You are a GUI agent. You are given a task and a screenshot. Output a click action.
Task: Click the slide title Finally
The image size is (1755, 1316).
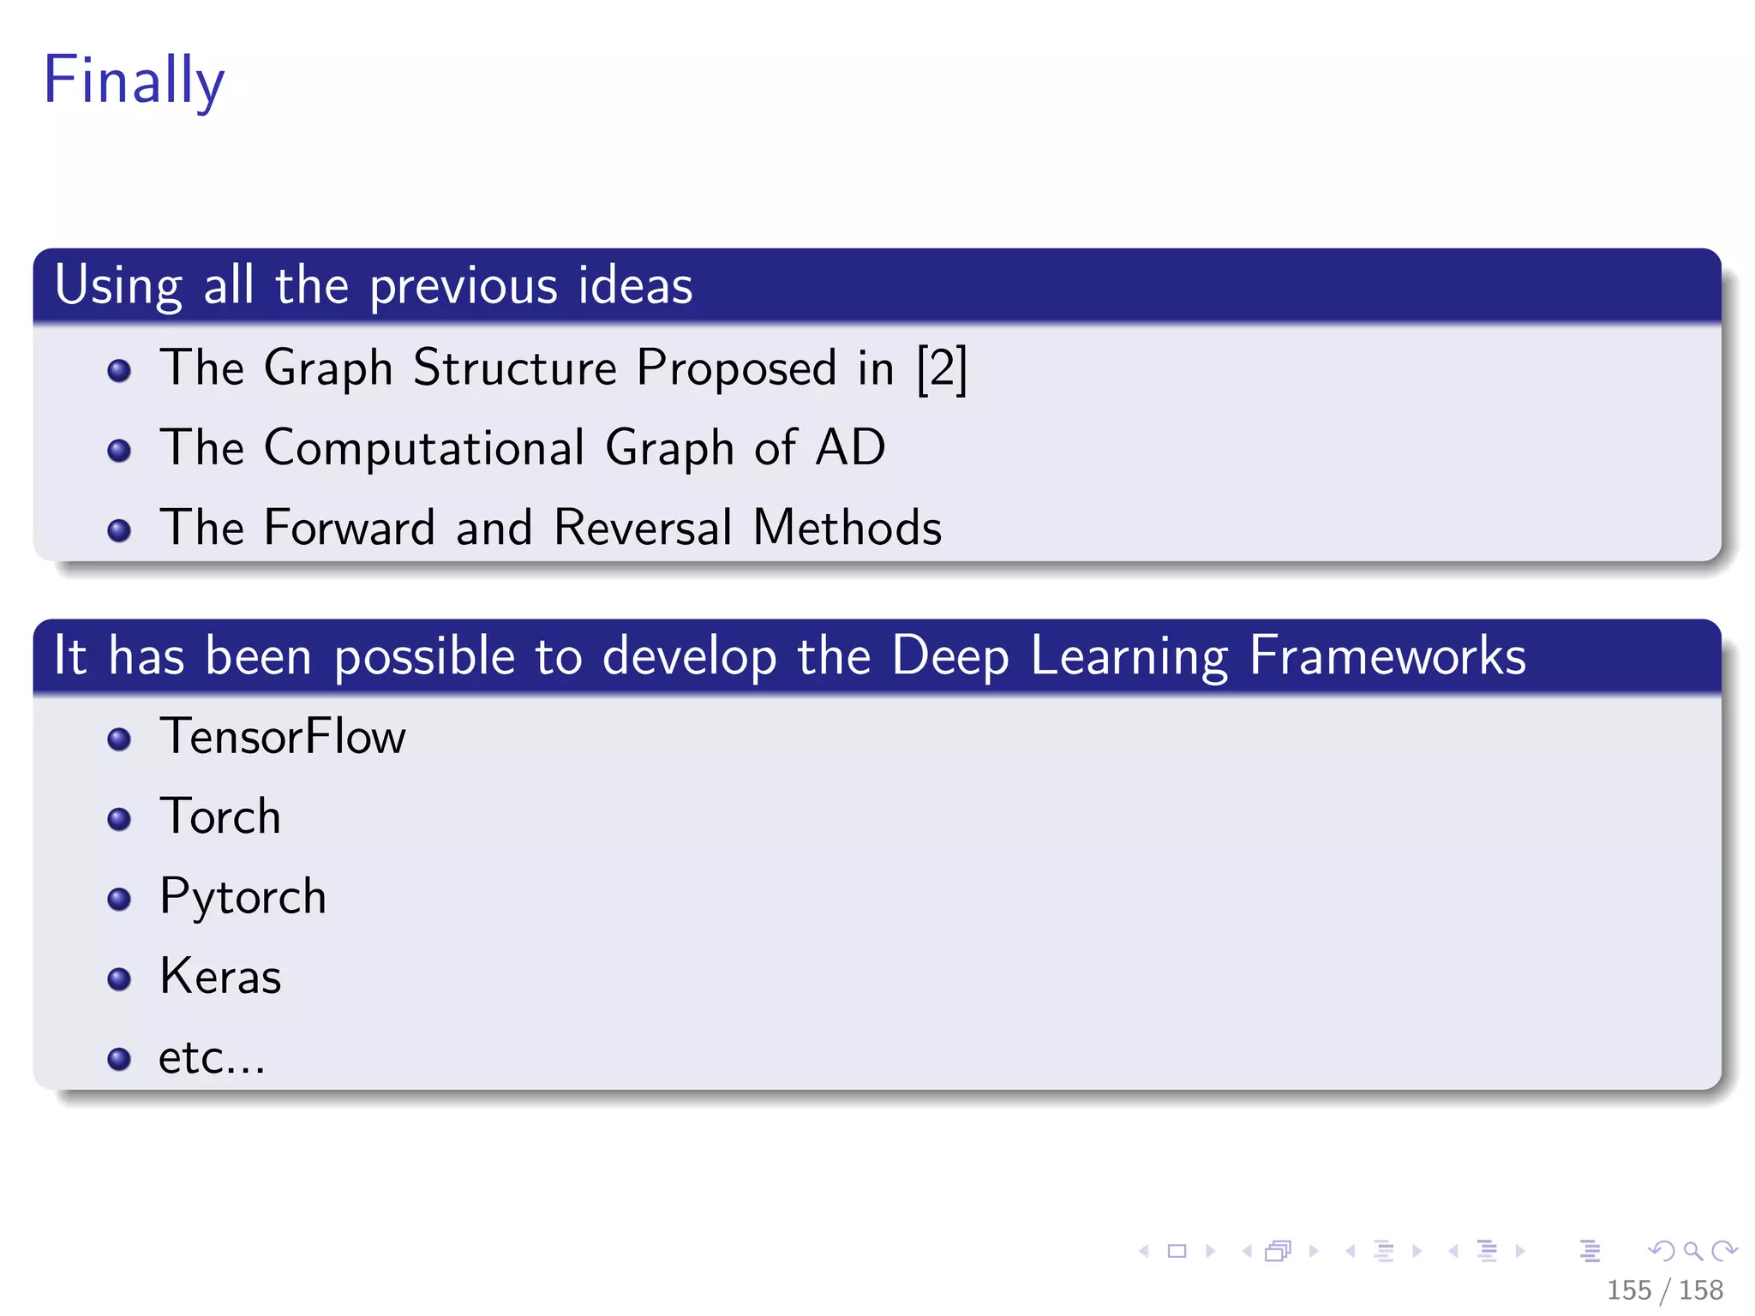pyautogui.click(x=134, y=80)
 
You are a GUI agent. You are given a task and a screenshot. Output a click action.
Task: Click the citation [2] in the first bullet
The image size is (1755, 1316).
pyautogui.click(x=941, y=369)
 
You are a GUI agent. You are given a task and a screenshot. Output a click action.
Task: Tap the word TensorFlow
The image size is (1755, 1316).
pyautogui.click(x=283, y=737)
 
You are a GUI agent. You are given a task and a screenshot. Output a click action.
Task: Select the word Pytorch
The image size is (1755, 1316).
pyautogui.click(x=243, y=897)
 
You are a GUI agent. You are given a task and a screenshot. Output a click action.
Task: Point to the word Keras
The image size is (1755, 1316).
pyautogui.click(x=220, y=977)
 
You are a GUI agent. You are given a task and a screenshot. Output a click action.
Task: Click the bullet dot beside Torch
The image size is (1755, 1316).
pyautogui.click(x=119, y=819)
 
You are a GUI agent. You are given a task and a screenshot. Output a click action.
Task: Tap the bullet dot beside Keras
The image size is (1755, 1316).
pyautogui.click(x=119, y=978)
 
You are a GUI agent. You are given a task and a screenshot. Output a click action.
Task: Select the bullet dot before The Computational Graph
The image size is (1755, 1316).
pyautogui.click(x=119, y=451)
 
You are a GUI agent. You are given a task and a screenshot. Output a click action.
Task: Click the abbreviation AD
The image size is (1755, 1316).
pyautogui.click(x=850, y=447)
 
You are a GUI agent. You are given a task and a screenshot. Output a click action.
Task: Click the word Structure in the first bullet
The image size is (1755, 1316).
pyautogui.click(x=514, y=368)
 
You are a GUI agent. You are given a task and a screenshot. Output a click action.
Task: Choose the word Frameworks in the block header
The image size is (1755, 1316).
pyautogui.click(x=1387, y=656)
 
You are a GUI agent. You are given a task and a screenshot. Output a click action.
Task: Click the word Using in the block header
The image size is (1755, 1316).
pyautogui.click(x=118, y=286)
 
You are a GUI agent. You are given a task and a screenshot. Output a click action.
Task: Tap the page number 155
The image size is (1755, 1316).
pyautogui.click(x=1628, y=1290)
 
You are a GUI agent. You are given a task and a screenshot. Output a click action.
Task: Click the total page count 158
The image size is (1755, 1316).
pyautogui.click(x=1700, y=1290)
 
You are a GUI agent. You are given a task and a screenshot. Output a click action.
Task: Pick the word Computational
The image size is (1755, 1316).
pyautogui.click(x=424, y=447)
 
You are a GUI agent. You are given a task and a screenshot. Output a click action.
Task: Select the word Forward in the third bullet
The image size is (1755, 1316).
pyautogui.click(x=350, y=527)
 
